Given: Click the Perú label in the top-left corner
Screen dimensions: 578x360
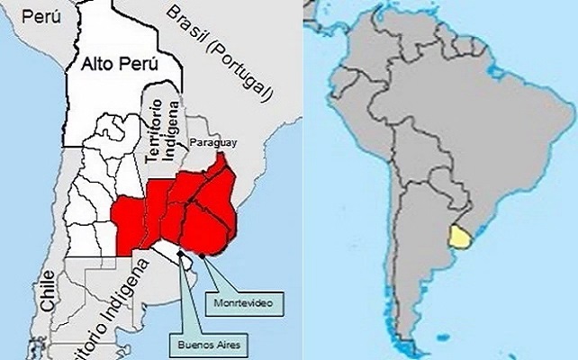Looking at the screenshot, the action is coord(40,15).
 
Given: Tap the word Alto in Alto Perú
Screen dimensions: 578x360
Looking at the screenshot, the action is coord(98,65).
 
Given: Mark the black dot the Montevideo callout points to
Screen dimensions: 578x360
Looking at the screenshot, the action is coord(203,256).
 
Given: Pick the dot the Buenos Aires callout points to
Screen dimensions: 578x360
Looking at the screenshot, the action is coord(184,253).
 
